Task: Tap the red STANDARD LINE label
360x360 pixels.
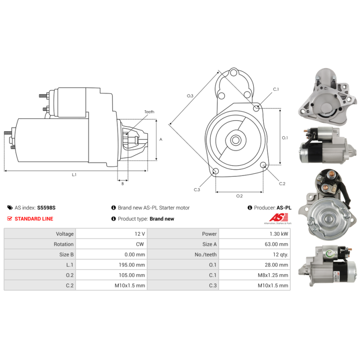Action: [x=34, y=219]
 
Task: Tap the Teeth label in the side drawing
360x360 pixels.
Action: [x=149, y=112]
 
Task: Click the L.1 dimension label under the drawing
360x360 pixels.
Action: [x=74, y=175]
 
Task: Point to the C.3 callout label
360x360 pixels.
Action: [x=197, y=190]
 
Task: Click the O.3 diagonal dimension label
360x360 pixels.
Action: [x=190, y=96]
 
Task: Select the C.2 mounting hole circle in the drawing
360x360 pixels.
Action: [x=264, y=166]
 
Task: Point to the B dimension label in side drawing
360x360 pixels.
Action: [x=122, y=183]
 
